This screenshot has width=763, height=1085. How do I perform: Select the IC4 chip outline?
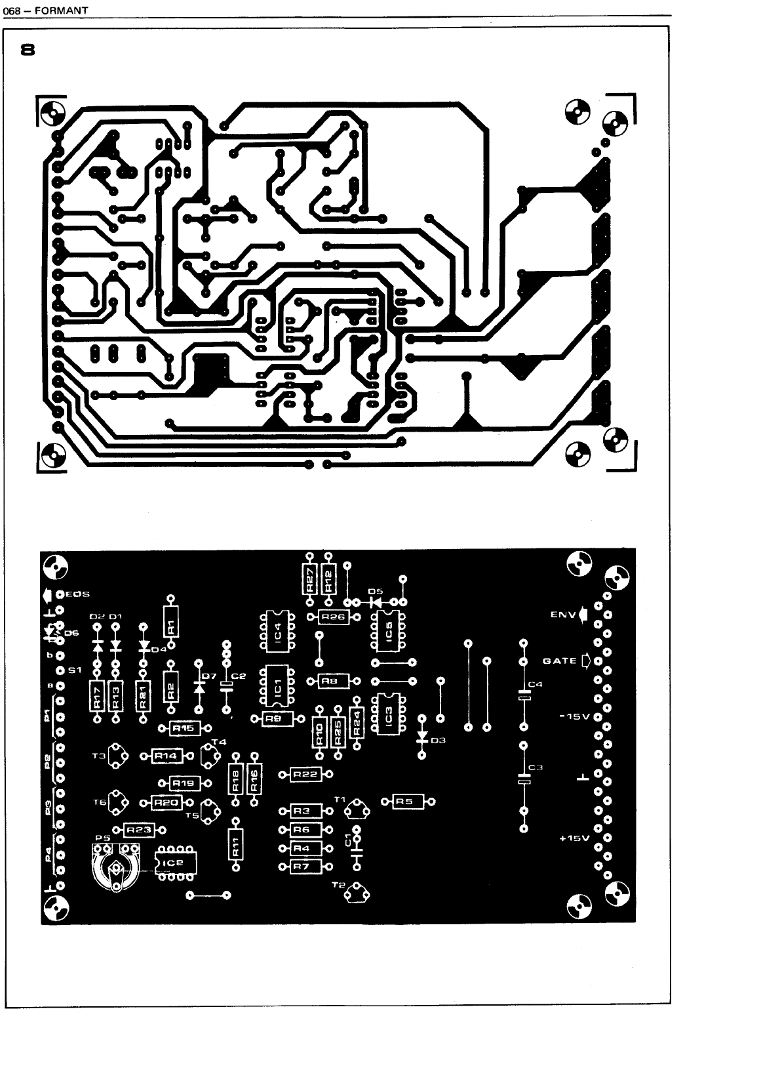tap(278, 630)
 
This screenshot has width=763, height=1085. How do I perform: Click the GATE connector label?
tap(560, 661)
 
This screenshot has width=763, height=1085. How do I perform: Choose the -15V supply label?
tap(575, 716)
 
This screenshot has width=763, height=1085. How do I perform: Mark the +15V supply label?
tap(575, 838)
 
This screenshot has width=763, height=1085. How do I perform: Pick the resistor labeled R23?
tap(138, 830)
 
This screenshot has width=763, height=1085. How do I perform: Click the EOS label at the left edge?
tap(77, 594)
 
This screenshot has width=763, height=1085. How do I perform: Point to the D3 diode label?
tap(438, 740)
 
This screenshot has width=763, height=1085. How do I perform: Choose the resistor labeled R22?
tap(305, 774)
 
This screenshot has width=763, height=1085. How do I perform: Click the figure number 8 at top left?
tap(28, 50)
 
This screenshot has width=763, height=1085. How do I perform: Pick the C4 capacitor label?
tap(536, 685)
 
